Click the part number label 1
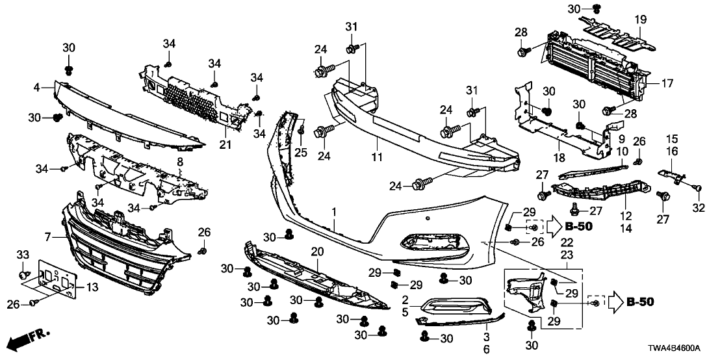pyautogui.click(x=334, y=212)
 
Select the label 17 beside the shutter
pyautogui.click(x=668, y=83)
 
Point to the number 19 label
pyautogui.click(x=641, y=20)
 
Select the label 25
pyautogui.click(x=301, y=151)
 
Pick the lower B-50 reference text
pyautogui.click(x=640, y=302)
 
